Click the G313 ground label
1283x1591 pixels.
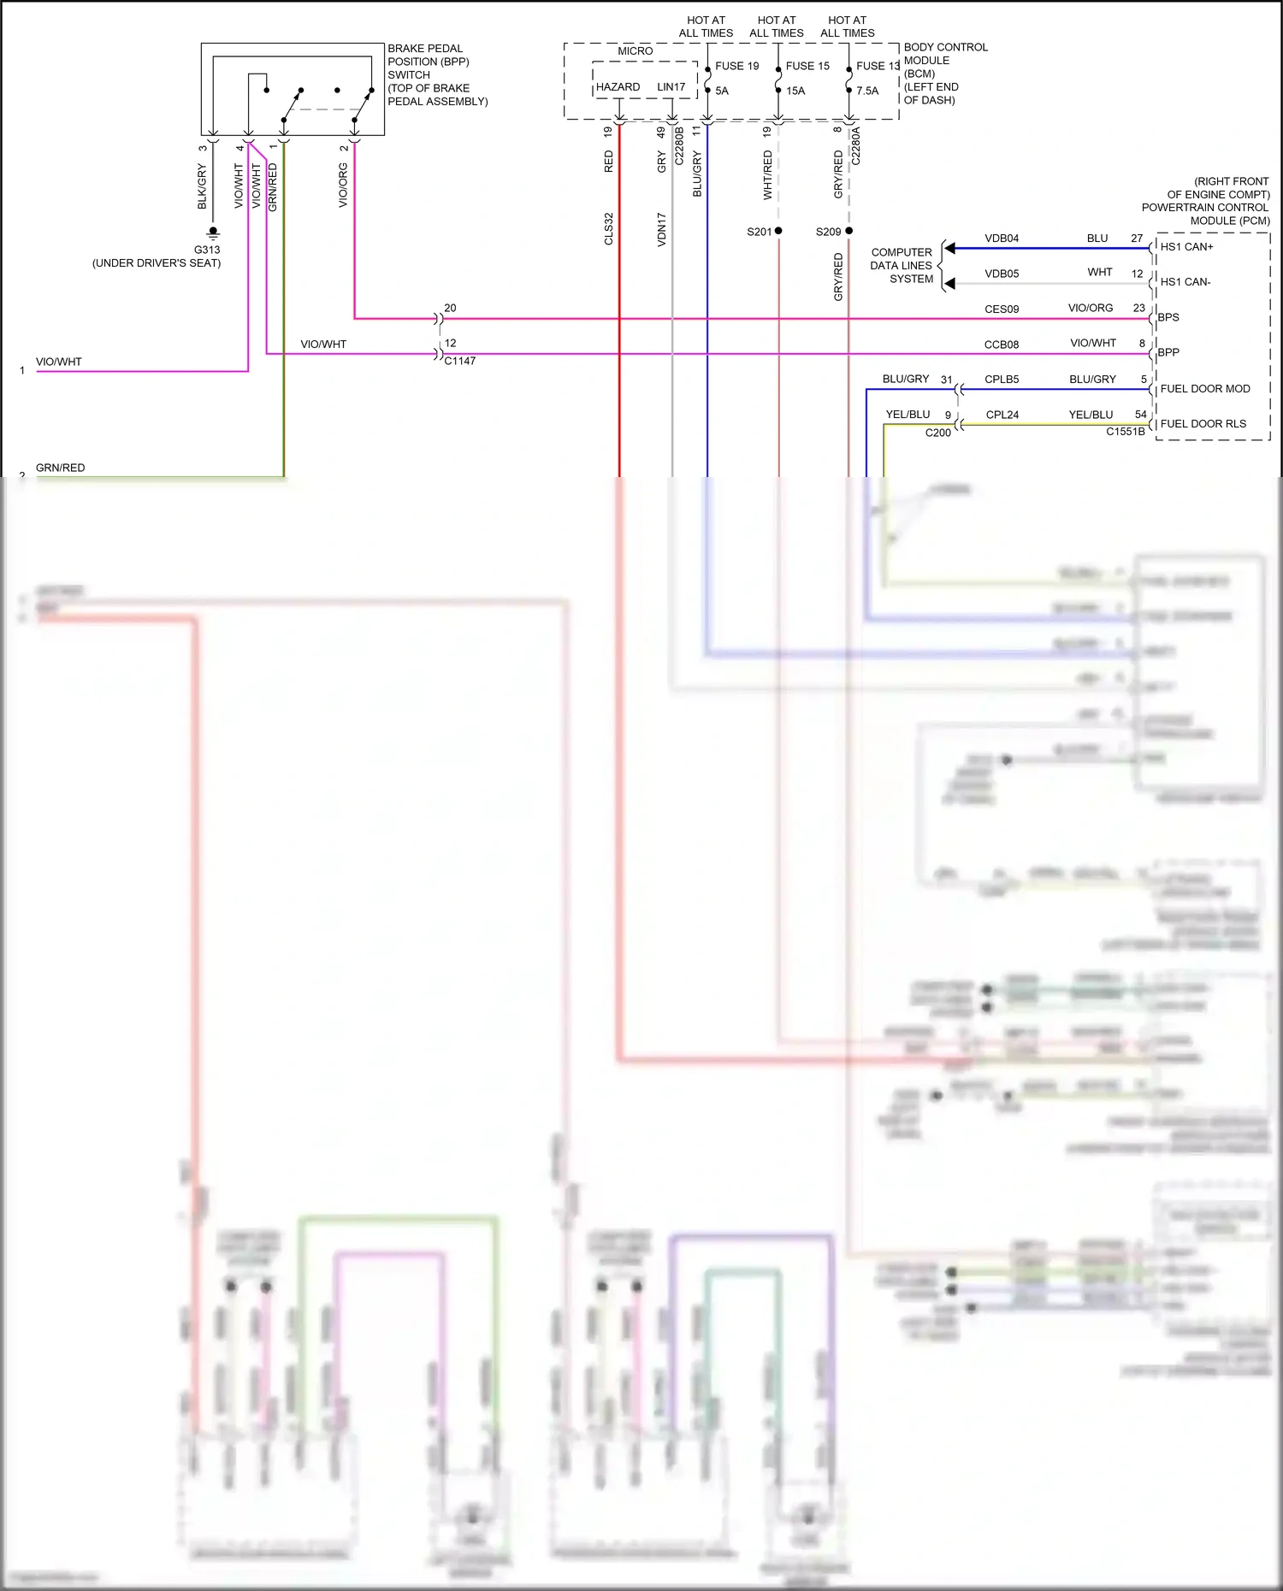click(207, 250)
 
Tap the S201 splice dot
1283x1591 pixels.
click(778, 231)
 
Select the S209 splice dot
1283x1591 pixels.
click(848, 231)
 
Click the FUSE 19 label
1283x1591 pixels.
click(736, 66)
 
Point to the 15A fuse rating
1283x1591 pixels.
click(795, 91)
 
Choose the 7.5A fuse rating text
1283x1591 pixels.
click(867, 91)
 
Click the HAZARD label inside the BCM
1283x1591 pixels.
click(618, 87)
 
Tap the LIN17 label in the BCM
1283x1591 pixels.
click(671, 87)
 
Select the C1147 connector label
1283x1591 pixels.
click(460, 361)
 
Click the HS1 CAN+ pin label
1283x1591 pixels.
click(1186, 247)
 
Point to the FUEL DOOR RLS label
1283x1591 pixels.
click(1203, 424)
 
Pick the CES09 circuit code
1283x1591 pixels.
click(1002, 309)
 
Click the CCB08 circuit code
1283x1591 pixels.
click(1002, 345)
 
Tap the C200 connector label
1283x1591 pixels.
click(938, 433)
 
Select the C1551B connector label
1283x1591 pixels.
click(1125, 432)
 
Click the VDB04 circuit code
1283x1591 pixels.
click(1002, 239)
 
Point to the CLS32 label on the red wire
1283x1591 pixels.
click(609, 229)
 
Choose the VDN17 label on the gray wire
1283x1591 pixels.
click(661, 229)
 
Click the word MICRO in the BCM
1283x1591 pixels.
click(635, 51)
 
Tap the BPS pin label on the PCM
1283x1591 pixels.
click(1168, 317)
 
